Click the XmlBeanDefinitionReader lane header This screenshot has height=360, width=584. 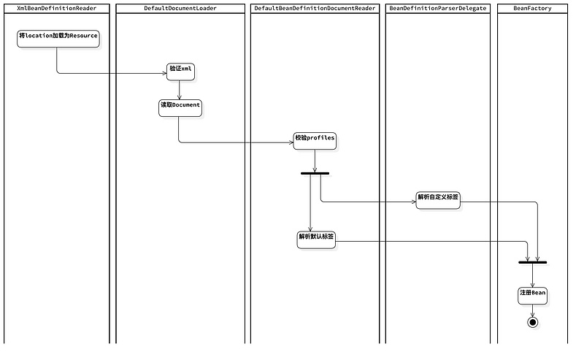coord(56,8)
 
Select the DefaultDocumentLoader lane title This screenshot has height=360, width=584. coord(180,8)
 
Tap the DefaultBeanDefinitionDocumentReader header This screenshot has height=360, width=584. coord(315,8)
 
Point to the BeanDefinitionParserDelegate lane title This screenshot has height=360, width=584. coord(437,8)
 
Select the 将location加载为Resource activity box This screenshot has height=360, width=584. coord(58,39)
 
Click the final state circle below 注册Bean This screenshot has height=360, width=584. coord(532,322)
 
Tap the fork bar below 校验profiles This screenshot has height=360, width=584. coord(315,173)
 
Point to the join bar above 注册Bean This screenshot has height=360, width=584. coord(532,261)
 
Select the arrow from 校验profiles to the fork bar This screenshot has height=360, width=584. coord(315,161)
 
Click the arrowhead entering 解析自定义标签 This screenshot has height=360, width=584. coord(412,202)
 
